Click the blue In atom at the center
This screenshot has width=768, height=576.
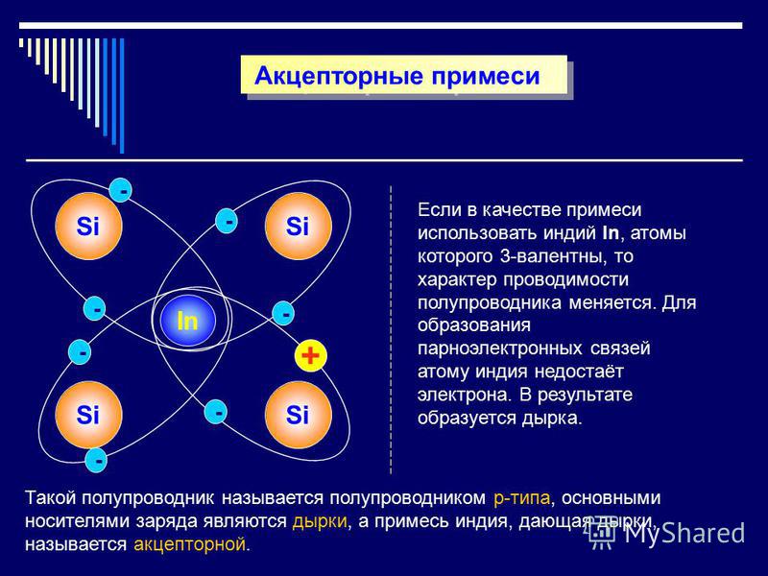coord(187,321)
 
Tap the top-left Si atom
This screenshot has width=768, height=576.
coord(88,226)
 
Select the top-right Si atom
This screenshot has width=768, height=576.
coord(298,226)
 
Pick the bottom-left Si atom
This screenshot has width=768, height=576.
coord(88,415)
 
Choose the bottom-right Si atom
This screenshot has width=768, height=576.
coord(298,415)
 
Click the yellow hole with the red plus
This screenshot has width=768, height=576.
coord(310,355)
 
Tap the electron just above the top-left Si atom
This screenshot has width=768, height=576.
coord(121,190)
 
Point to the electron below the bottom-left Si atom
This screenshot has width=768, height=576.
coord(96,460)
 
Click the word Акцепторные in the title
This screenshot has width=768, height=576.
coord(338,76)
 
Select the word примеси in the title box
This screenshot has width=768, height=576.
coord(486,77)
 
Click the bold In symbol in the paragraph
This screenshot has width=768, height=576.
coord(611,232)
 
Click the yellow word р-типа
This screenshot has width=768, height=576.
coord(521,498)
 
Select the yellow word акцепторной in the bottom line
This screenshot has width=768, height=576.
coord(189,544)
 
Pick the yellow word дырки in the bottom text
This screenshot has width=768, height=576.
coord(320,521)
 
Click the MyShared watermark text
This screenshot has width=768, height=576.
coord(684,533)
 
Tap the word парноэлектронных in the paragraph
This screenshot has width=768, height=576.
coord(500,348)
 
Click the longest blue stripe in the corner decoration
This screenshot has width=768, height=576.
coord(122,95)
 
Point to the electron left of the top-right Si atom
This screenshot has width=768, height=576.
coord(227,221)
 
